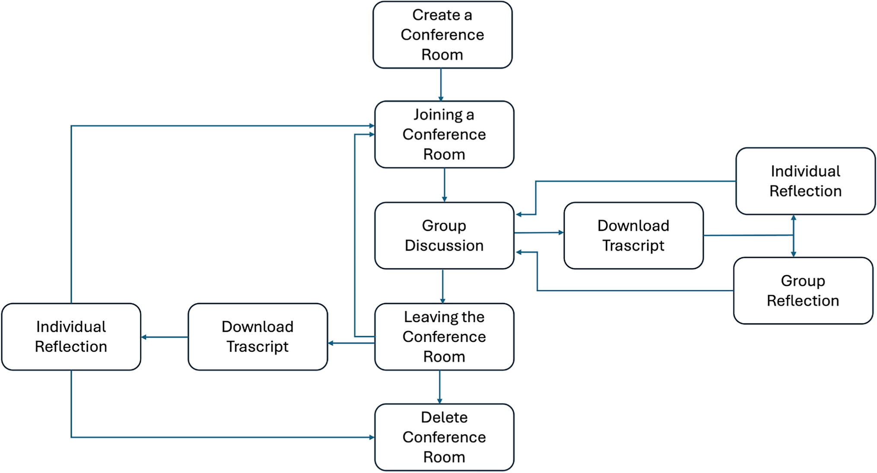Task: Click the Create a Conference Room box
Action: [x=442, y=35]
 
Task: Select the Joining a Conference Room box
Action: [x=444, y=134]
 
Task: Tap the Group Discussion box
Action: [x=444, y=235]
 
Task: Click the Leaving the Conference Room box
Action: [x=444, y=336]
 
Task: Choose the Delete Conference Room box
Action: [x=444, y=437]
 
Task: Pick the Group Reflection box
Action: [x=803, y=291]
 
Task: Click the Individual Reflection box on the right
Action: [x=805, y=181]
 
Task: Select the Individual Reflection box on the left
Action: [x=71, y=336]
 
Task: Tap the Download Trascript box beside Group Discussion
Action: [x=633, y=235]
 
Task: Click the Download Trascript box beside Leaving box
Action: [x=258, y=336]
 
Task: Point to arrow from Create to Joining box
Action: [x=441, y=85]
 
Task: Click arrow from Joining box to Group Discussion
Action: [x=444, y=185]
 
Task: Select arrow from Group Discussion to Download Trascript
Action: [x=539, y=233]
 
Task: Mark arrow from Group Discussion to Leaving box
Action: [x=442, y=286]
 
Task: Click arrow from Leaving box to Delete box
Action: [x=439, y=387]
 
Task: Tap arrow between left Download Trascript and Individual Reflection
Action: [x=165, y=337]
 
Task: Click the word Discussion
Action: [x=444, y=245]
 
